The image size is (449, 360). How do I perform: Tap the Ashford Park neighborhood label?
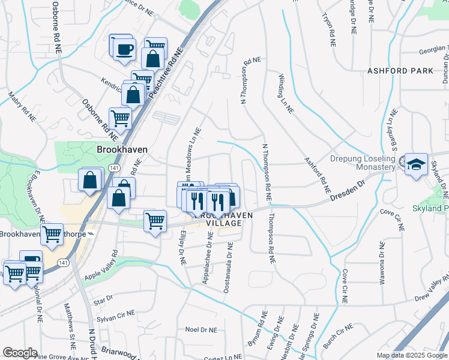coord(400,71)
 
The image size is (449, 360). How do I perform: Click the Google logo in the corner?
coord(20,353)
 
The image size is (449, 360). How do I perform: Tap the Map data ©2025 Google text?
coord(411,355)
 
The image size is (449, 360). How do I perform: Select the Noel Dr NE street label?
coord(200,329)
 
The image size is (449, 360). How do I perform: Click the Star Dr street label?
coord(103,299)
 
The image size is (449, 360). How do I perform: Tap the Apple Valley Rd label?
coord(100,268)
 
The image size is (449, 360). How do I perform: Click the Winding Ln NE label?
coord(286,94)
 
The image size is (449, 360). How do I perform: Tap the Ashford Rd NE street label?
coord(318,175)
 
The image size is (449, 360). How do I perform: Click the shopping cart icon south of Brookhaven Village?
coord(155,221)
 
